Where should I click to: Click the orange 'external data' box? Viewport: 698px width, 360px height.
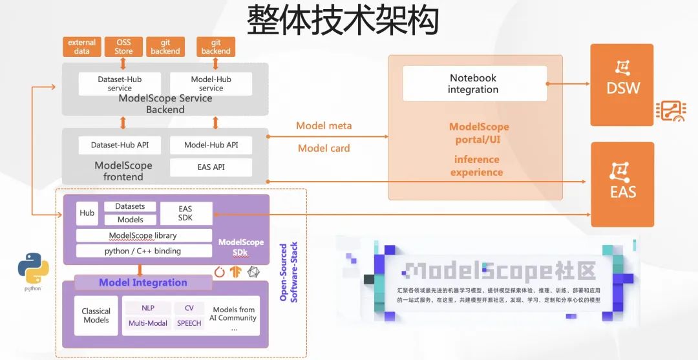81,47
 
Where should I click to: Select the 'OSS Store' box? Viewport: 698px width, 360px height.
123,47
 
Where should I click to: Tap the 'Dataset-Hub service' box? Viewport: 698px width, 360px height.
120,83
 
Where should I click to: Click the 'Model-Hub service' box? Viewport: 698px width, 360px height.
211,83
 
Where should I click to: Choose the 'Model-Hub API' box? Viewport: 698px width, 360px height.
211,145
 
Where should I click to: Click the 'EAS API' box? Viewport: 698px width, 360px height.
211,167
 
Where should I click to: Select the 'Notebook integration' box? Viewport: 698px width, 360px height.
473,83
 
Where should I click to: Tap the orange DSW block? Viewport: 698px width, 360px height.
622,85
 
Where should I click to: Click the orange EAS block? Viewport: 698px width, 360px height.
622,184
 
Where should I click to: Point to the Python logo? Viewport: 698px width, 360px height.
33,270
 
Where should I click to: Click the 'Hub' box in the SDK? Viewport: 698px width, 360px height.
87,213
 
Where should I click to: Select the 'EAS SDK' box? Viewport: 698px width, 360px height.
185,213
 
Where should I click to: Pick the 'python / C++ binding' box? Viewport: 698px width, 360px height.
143,251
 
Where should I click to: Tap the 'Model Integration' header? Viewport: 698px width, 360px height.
143,282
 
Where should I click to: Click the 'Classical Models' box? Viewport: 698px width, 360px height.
96,315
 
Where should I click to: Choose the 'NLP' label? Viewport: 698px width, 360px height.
147,308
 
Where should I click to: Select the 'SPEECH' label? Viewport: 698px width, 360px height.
189,323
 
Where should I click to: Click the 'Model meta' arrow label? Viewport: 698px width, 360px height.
324,126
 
